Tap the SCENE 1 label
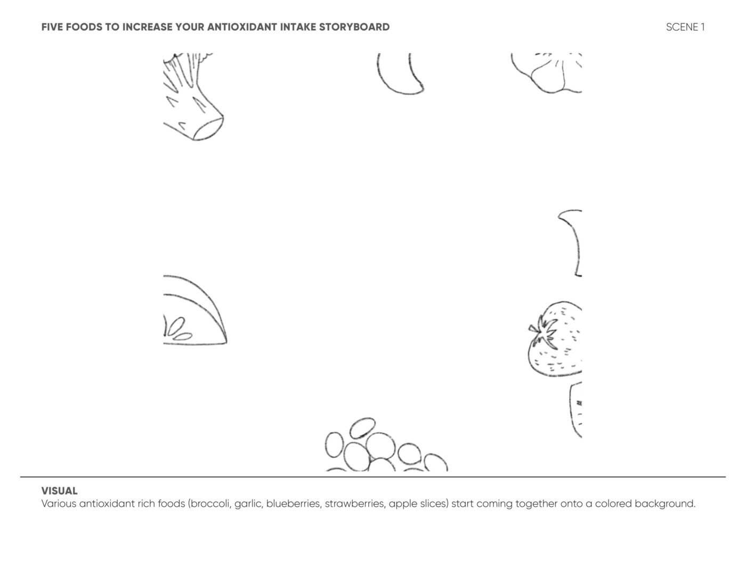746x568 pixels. (x=685, y=27)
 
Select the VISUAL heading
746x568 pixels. (x=60, y=491)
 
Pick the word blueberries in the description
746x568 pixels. (x=293, y=504)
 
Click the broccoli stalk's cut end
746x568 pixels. (x=208, y=128)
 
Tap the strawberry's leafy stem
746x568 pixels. (x=543, y=331)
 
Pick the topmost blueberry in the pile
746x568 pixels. (x=363, y=428)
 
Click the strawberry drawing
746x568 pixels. (x=555, y=339)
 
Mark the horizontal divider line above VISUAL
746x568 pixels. (x=373, y=476)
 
